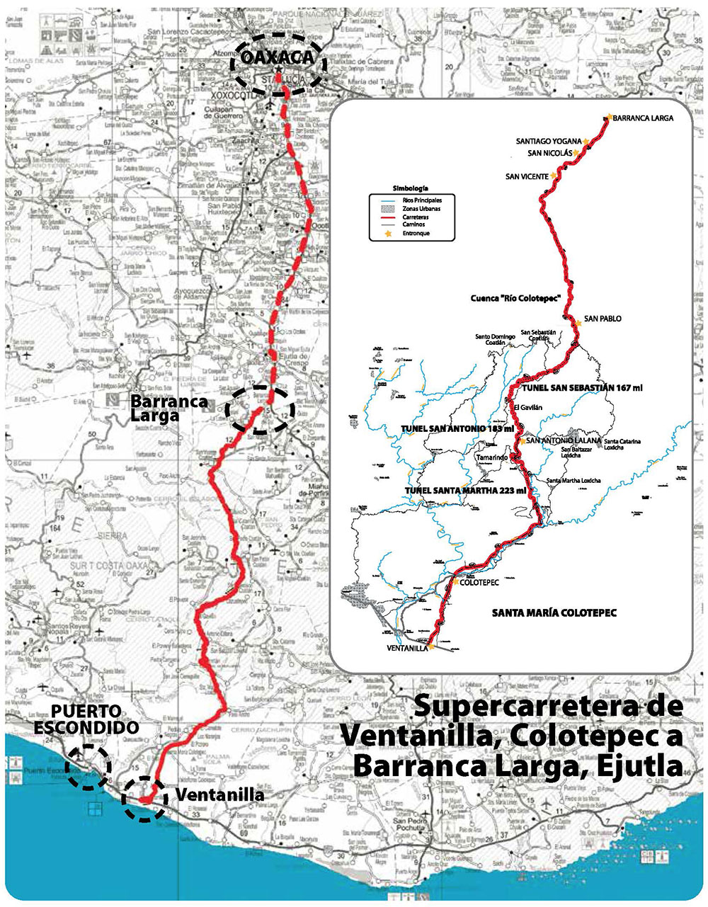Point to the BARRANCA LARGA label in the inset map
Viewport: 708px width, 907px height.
pos(643,118)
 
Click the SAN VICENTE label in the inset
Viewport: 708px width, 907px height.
pos(526,176)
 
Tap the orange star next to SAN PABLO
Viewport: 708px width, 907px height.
pos(578,323)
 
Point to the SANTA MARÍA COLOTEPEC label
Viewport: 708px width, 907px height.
pos(554,612)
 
